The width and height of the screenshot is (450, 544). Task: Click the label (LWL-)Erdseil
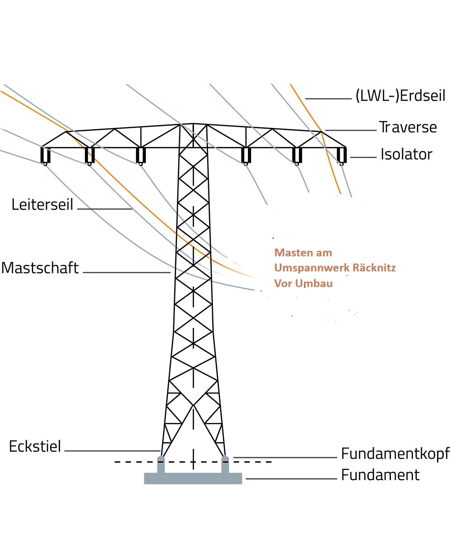coord(400,95)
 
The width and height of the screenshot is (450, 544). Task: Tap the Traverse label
coord(408,127)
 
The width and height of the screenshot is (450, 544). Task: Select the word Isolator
coord(406,154)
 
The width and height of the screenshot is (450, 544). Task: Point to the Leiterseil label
coord(42,204)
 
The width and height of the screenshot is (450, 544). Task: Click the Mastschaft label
coord(40,268)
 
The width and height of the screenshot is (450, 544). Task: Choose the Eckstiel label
coord(35,446)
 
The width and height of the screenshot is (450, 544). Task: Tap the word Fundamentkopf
coord(395,453)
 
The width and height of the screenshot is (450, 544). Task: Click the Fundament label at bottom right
coord(380,475)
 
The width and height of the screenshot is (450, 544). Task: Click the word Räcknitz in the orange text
coord(374,267)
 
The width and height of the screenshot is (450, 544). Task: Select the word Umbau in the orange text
coord(314,283)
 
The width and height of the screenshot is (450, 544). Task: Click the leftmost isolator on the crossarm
coord(45,156)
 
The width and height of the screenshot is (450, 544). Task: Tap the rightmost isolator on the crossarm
coord(342,156)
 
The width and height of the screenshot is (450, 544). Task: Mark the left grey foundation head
coord(161,465)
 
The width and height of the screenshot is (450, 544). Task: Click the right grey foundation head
coord(225,465)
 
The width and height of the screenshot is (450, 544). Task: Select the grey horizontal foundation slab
coord(193,478)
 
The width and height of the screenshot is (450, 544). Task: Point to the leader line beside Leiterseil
coord(105,209)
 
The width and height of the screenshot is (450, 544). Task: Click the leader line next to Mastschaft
coord(127,272)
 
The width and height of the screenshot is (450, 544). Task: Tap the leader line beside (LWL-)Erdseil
coord(328,99)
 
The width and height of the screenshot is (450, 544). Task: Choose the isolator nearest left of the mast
coord(141,156)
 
